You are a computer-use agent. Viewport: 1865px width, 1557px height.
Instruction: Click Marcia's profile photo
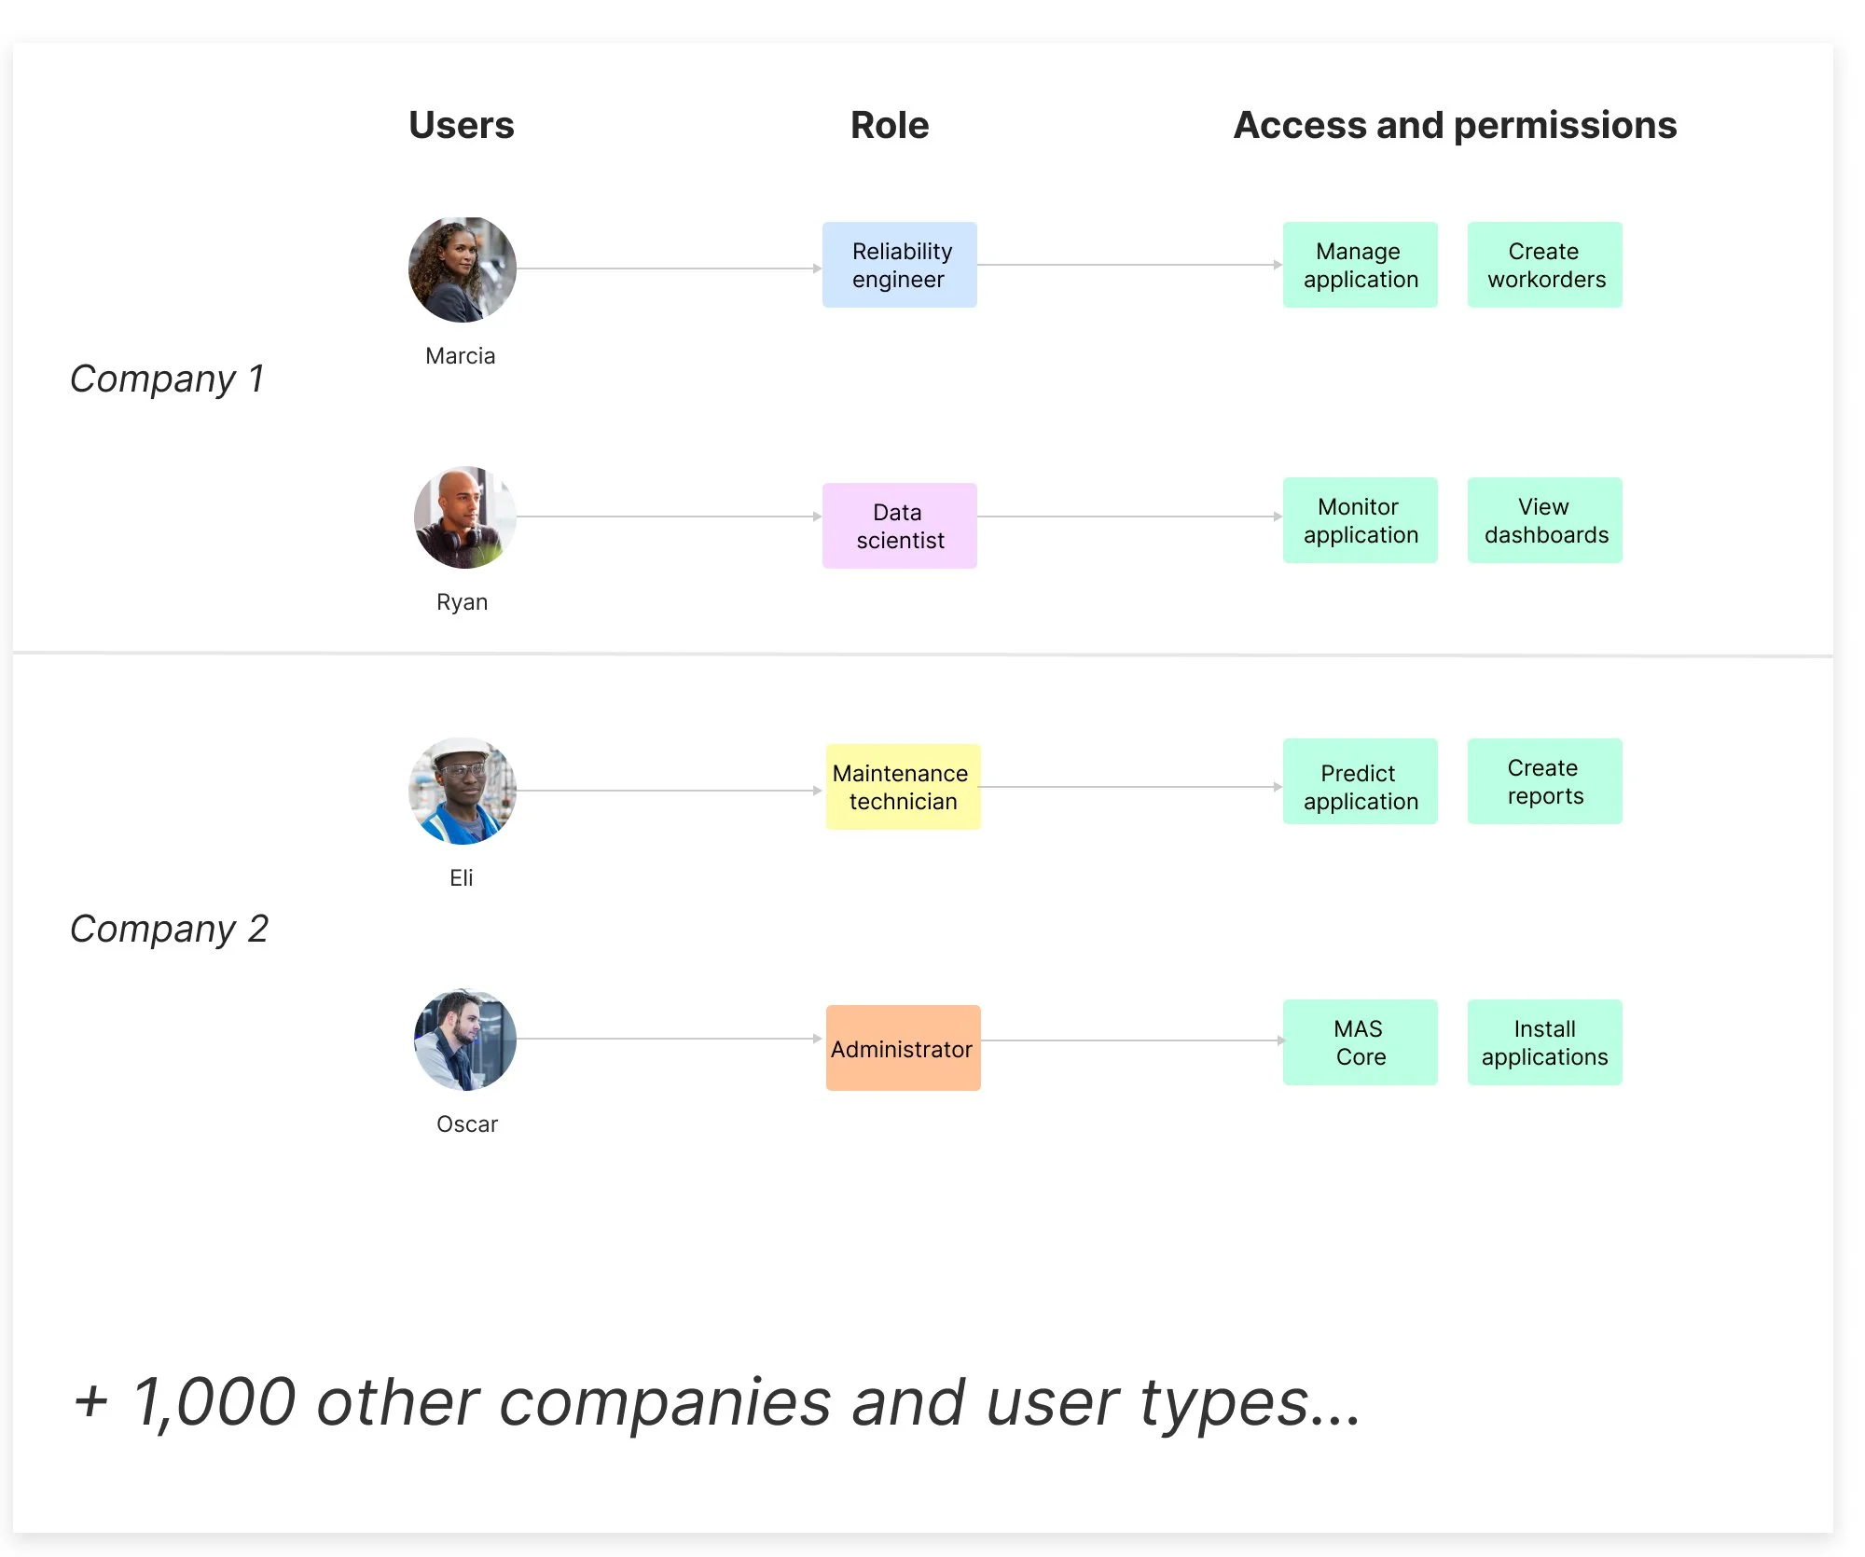tap(463, 269)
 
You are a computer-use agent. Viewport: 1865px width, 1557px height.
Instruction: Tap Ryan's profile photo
tap(464, 517)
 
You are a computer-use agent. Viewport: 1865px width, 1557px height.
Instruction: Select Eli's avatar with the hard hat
tap(463, 792)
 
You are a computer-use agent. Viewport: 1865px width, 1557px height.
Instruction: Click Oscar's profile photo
tap(464, 1040)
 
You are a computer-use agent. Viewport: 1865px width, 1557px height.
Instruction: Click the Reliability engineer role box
tap(900, 265)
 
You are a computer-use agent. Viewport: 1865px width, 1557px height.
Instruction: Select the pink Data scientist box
tap(900, 526)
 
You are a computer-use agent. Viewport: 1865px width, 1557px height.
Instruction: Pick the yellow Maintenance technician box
tap(903, 787)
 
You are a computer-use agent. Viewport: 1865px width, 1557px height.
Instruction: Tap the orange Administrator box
tap(903, 1048)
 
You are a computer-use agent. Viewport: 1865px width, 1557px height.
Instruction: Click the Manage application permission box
tap(1360, 265)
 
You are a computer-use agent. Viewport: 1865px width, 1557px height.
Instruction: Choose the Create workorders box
tap(1544, 265)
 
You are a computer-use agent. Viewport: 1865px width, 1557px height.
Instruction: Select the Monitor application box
tap(1360, 520)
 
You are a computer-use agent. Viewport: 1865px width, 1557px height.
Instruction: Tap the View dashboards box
tap(1544, 520)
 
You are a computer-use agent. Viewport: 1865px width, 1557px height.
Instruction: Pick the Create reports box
tap(1544, 781)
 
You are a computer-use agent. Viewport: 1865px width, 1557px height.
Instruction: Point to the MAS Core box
tap(1360, 1042)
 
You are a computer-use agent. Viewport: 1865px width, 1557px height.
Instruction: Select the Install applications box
tap(1544, 1042)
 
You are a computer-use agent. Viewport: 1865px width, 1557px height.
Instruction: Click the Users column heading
tap(462, 125)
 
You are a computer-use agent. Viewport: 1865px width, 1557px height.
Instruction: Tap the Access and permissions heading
tap(1455, 125)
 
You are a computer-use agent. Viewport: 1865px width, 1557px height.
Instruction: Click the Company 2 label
tap(169, 929)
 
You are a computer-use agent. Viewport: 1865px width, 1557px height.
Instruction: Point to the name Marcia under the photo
tap(461, 355)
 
